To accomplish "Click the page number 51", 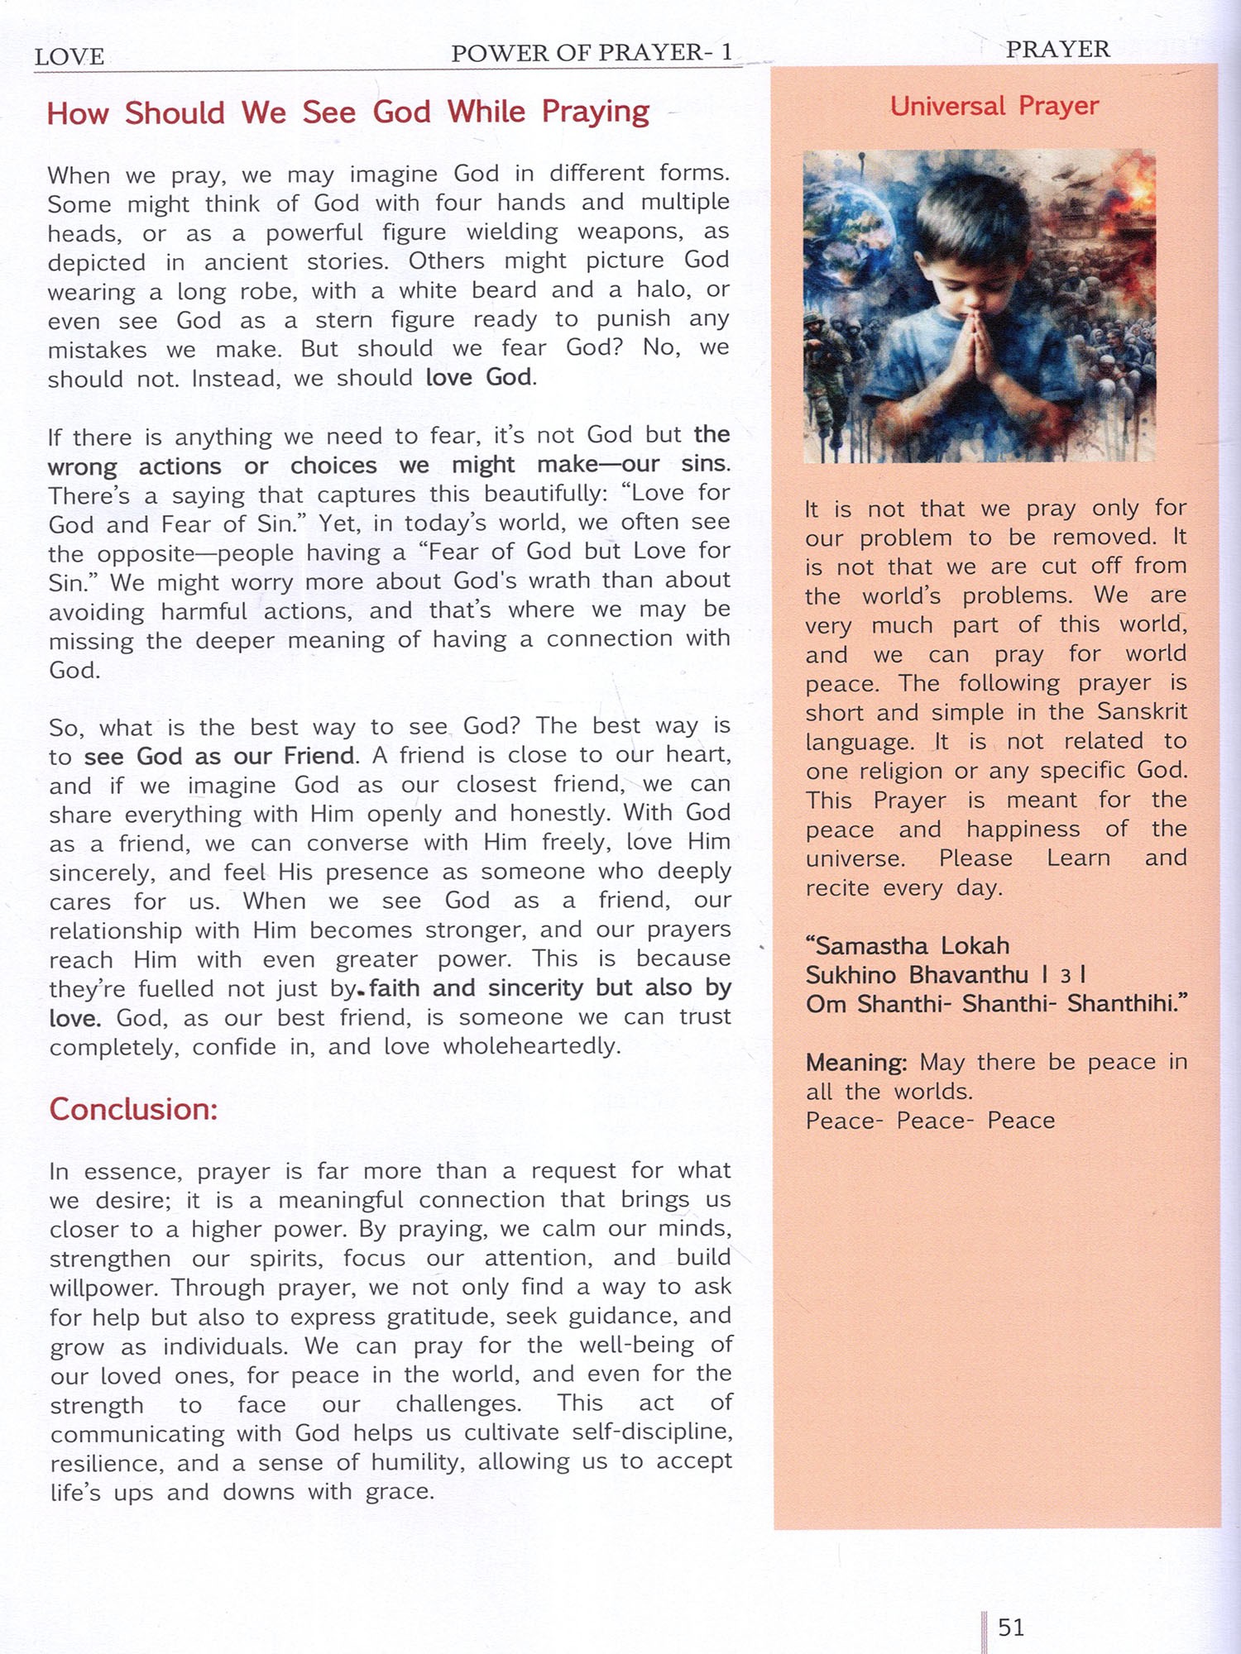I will pyautogui.click(x=1011, y=1628).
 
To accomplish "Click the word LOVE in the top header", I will pyautogui.click(x=69, y=57).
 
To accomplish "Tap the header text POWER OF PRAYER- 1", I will pyautogui.click(x=592, y=53).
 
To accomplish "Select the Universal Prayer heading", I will pyautogui.click(x=994, y=106).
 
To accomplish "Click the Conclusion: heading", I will pyautogui.click(x=133, y=1109).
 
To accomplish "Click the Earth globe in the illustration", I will pyautogui.click(x=848, y=227).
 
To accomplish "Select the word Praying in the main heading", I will pyautogui.click(x=596, y=112).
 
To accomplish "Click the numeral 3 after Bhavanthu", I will pyautogui.click(x=1066, y=977).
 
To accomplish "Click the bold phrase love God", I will pyautogui.click(x=479, y=377).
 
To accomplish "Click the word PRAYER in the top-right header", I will pyautogui.click(x=1057, y=50).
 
